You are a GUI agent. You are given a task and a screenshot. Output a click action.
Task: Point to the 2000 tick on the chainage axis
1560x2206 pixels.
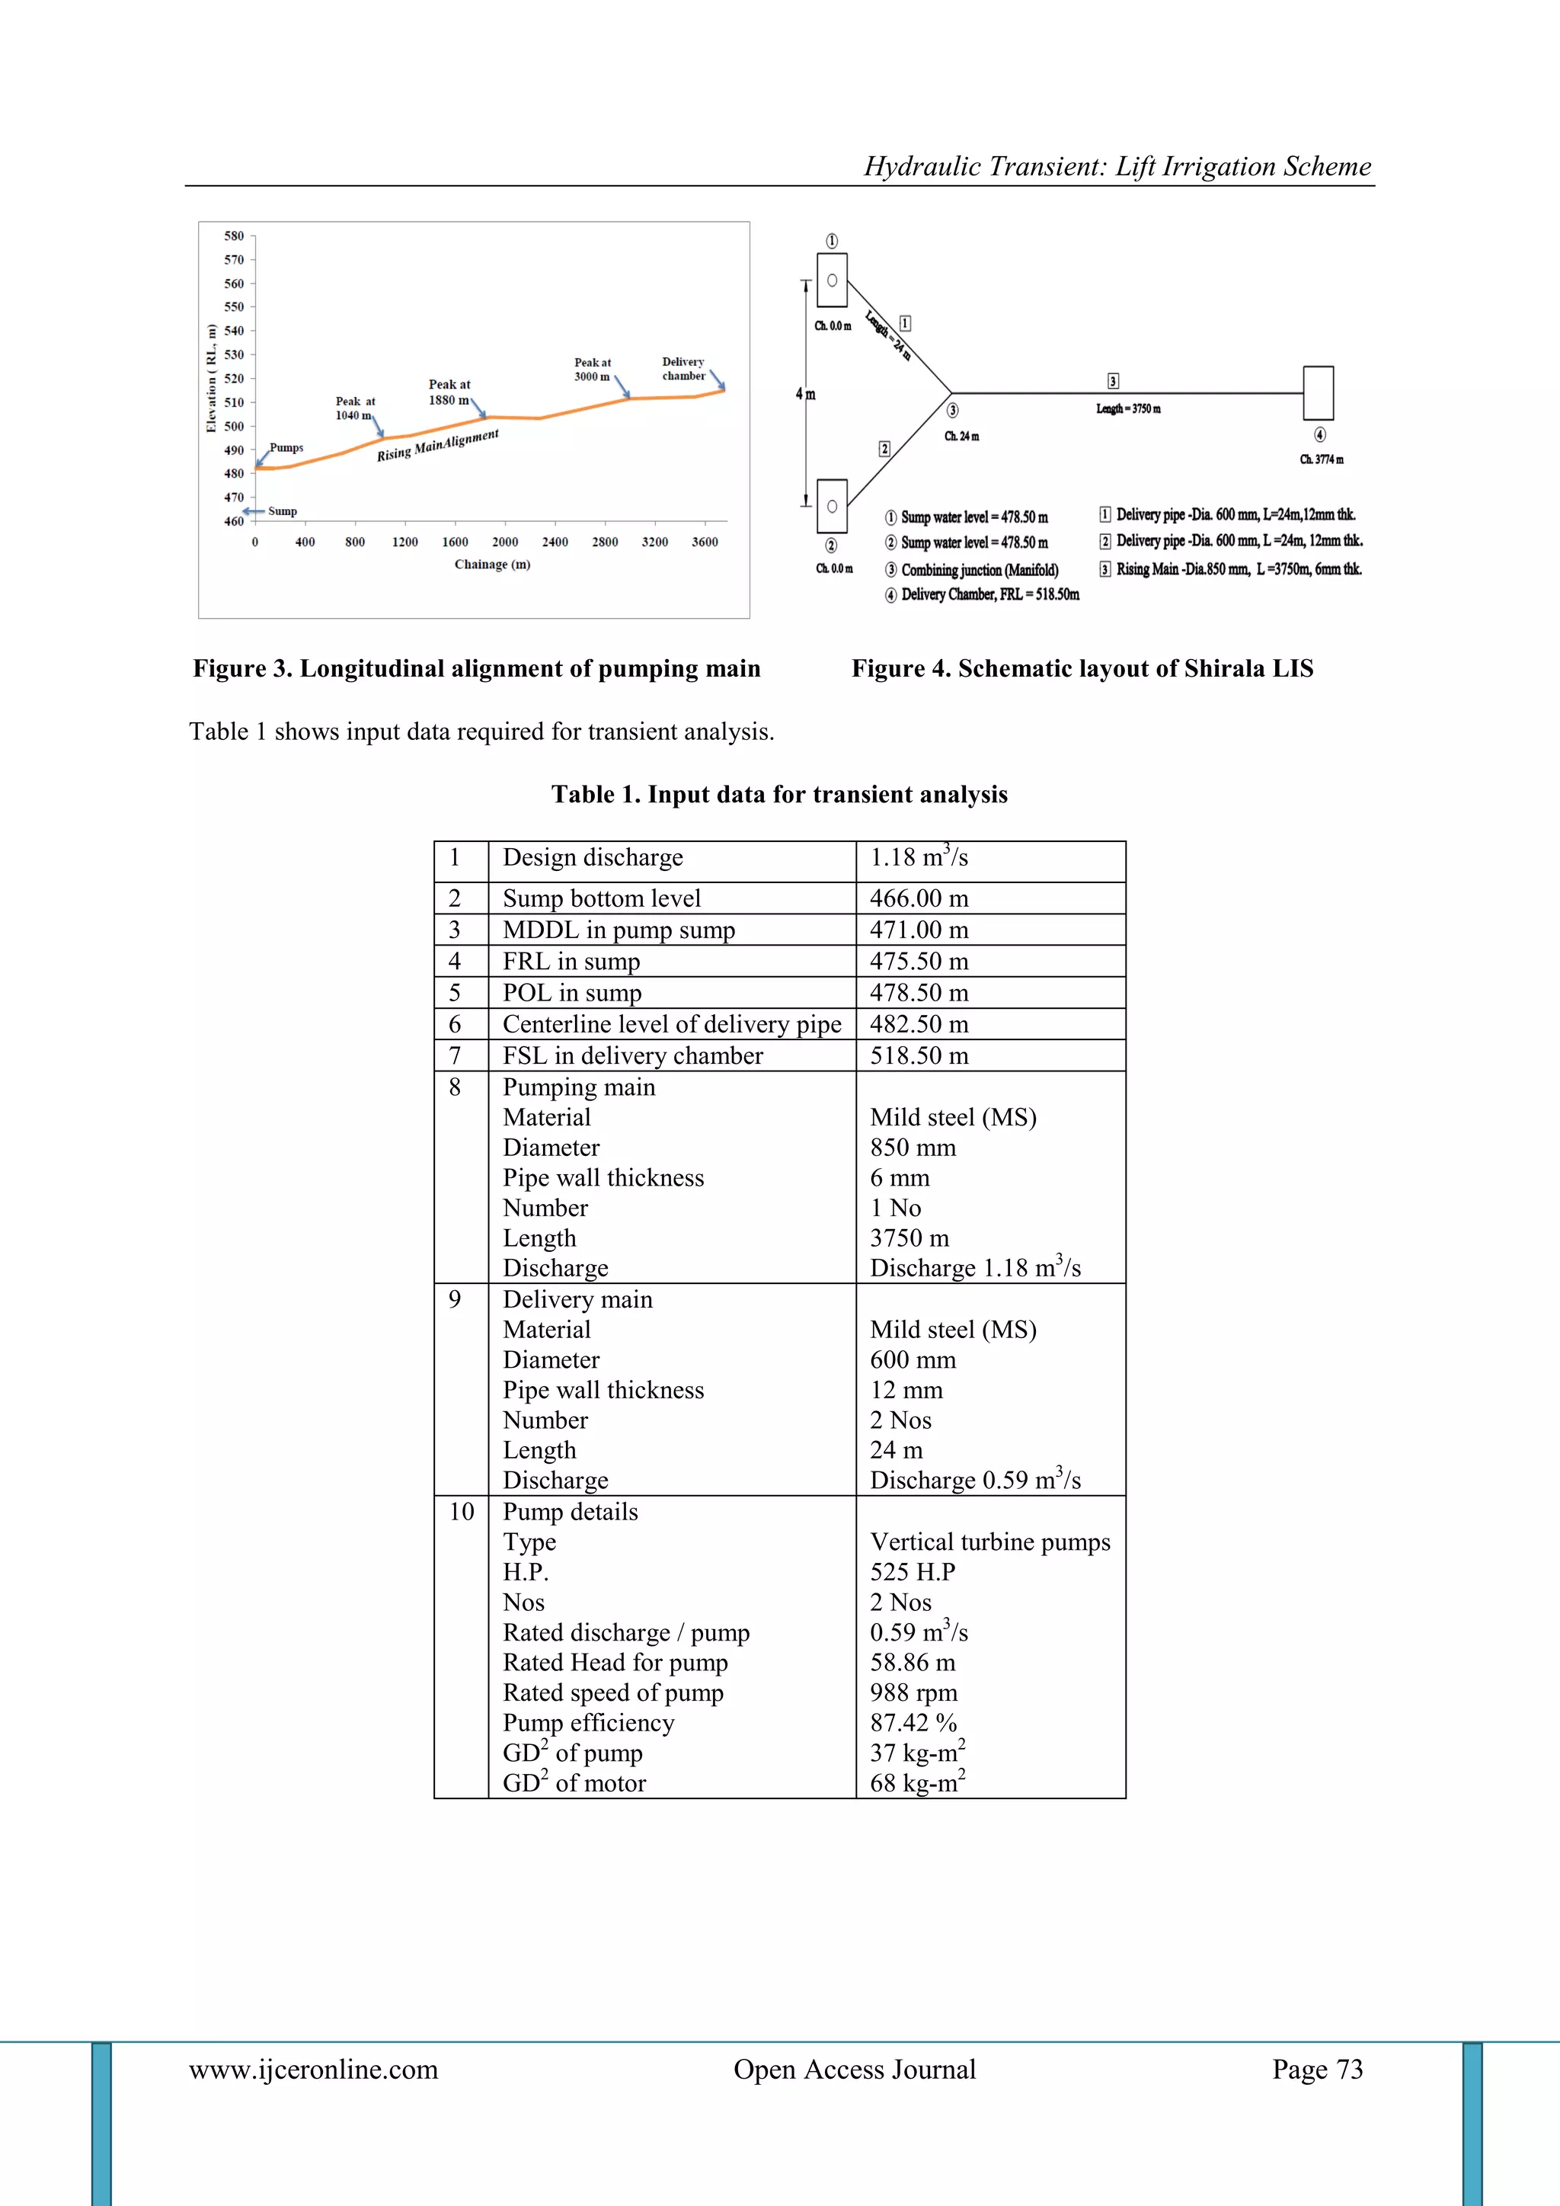coord(504,542)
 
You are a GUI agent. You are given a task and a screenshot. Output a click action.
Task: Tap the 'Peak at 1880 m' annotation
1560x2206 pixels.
coord(449,392)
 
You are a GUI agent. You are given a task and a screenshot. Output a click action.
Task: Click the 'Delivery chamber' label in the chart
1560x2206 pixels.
coord(683,369)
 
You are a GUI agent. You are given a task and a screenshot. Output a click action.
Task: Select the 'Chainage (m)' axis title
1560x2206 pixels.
coord(492,564)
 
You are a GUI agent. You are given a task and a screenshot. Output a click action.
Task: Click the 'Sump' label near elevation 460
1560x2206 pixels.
coord(283,511)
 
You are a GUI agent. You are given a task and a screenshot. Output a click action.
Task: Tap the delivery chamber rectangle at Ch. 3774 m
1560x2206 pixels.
coord(1318,393)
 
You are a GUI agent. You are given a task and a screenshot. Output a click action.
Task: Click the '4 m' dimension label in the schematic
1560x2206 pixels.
coord(805,394)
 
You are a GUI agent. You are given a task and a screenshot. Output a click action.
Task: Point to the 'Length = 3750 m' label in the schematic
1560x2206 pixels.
coord(1128,409)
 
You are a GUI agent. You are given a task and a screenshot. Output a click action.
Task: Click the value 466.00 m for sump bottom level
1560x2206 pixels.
coord(919,898)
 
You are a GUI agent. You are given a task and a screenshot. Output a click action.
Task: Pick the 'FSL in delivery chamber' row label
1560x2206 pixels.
coord(632,1056)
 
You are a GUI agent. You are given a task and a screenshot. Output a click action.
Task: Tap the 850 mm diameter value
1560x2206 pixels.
coord(913,1148)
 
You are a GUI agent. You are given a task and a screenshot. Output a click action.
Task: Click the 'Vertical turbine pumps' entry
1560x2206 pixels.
coord(989,1542)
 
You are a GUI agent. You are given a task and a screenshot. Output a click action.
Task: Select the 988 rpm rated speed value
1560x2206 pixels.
coord(913,1693)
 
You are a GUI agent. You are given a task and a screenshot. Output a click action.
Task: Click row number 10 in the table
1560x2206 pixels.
coord(461,1513)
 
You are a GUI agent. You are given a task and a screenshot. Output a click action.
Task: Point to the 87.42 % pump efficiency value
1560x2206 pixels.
coord(913,1723)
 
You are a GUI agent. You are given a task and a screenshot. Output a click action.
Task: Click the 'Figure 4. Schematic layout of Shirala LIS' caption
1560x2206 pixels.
coord(1082,669)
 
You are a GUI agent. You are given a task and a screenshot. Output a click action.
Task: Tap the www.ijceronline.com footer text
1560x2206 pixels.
coord(313,2070)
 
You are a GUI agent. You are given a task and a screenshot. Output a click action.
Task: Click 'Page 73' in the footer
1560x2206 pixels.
coord(1317,2070)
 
